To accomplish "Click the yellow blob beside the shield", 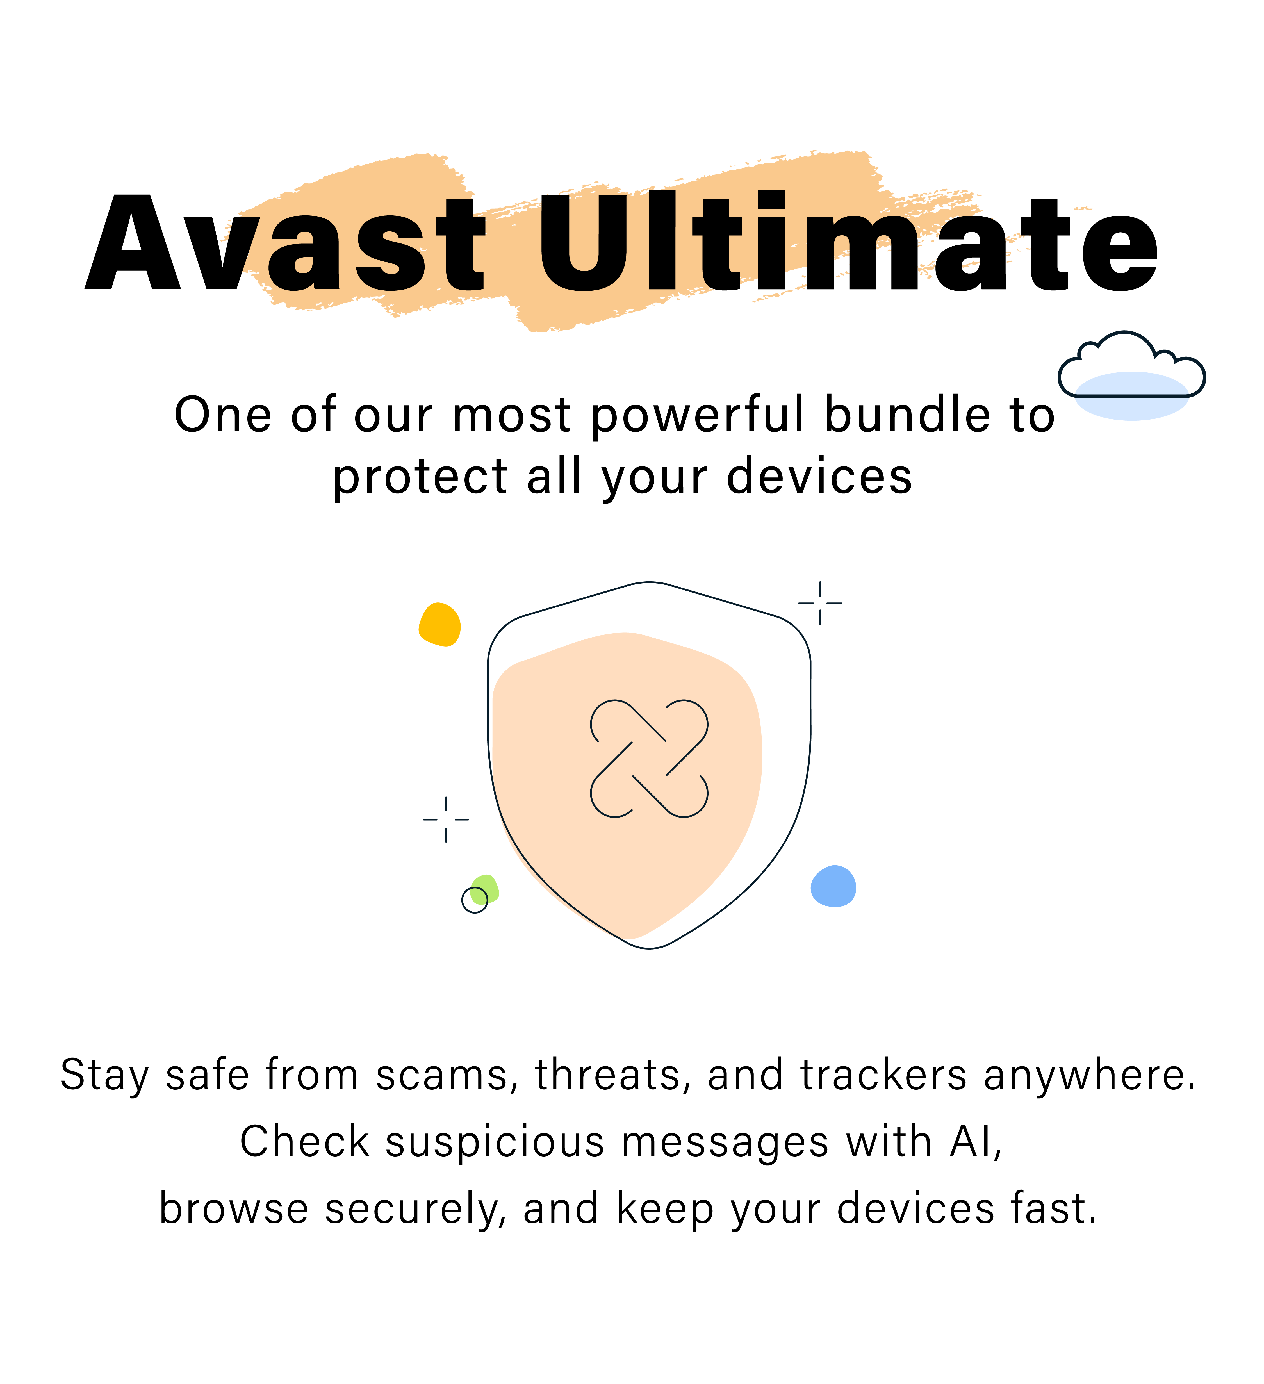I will [439, 625].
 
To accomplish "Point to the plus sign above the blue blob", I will [820, 604].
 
